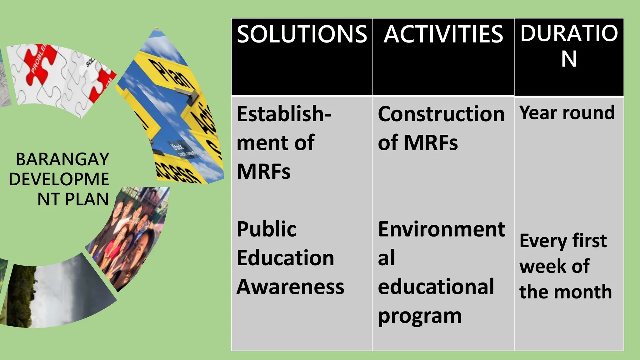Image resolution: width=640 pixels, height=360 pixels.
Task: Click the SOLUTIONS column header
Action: pos(302,34)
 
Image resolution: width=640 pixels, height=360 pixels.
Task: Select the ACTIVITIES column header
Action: pos(443,34)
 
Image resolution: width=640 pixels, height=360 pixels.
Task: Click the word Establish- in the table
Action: pos(284,114)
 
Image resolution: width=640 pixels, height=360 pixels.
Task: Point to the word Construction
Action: pos(441,114)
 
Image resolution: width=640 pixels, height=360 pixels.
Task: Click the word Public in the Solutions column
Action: pos(267,229)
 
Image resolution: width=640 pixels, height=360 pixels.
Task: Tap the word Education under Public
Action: pos(285,258)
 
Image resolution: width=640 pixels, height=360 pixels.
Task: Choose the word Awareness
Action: pos(290,287)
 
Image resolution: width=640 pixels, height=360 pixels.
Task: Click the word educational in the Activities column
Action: pos(436,287)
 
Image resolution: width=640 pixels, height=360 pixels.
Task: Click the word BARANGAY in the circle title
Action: pos(62,159)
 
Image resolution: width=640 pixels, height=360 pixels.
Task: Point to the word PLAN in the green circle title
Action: pos(87,199)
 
